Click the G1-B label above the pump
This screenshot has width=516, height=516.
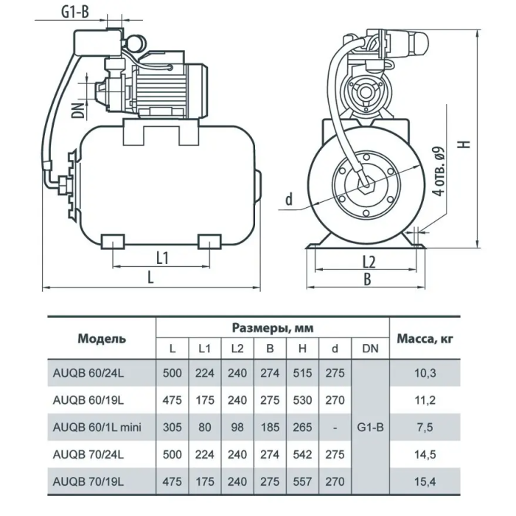click(75, 13)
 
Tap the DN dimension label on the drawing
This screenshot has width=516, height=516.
click(78, 111)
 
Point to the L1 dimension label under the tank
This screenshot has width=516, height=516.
click(162, 258)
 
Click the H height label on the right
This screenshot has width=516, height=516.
click(465, 144)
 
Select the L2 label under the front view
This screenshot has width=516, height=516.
click(369, 262)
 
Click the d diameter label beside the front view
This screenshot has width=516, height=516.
click(289, 199)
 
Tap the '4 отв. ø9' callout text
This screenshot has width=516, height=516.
click(439, 172)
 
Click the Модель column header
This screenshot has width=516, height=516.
click(102, 338)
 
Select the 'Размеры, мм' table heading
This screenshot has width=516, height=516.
click(273, 328)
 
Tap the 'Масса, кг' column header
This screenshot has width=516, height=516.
click(425, 338)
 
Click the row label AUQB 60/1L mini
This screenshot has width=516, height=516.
click(97, 427)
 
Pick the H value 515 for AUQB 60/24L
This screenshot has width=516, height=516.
click(302, 373)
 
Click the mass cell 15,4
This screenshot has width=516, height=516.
click(425, 481)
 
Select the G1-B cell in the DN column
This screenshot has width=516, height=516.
click(370, 427)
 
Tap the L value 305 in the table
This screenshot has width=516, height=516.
click(172, 427)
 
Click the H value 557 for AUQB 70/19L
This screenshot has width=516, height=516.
click(302, 481)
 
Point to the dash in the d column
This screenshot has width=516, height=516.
click(335, 428)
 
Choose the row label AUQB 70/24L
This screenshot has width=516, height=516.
click(88, 455)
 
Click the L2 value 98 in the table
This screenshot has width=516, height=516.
click(237, 427)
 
